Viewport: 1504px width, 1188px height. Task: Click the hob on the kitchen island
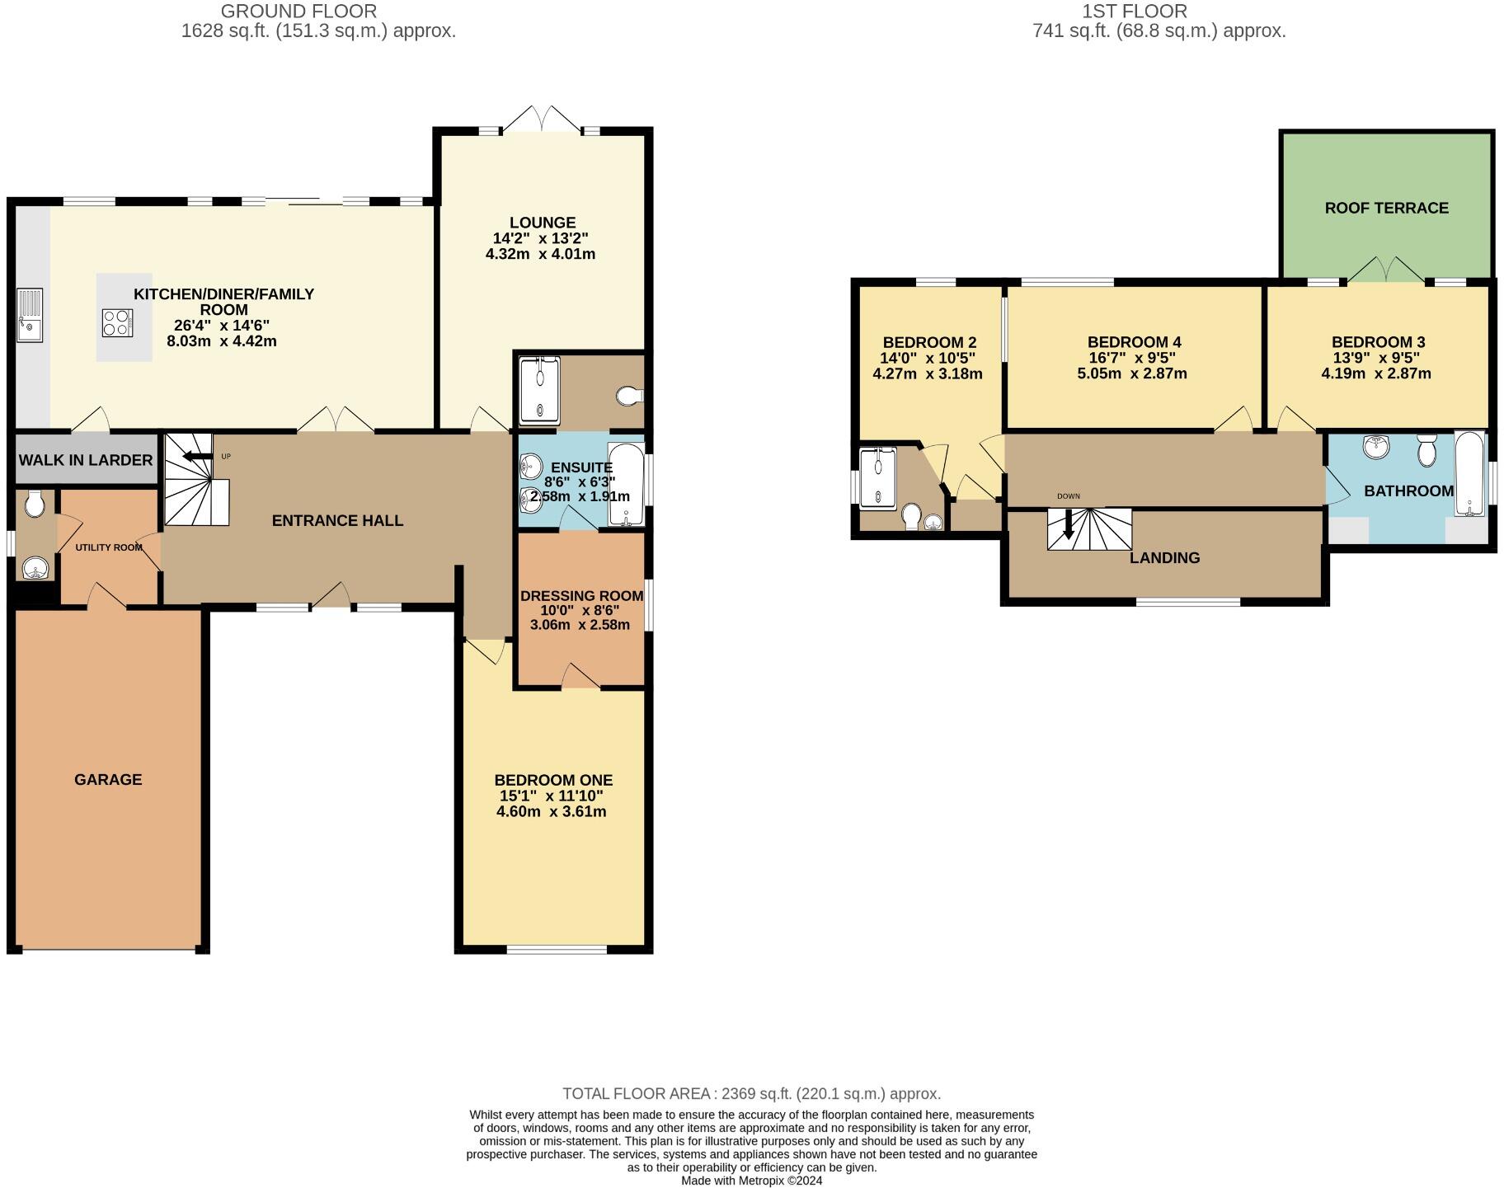pos(117,322)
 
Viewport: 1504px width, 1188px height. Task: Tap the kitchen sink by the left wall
pos(30,315)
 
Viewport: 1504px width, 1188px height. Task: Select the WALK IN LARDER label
pos(86,460)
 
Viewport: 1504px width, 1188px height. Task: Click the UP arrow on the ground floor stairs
pos(197,457)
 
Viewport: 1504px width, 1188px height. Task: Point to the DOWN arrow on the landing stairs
pos(1069,524)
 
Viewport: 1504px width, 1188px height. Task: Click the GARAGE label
pos(108,779)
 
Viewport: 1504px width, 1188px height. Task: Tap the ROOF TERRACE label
pos(1386,208)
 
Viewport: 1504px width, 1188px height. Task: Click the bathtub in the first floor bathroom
pos(1469,473)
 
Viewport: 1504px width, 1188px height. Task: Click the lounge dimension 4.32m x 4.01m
pos(540,254)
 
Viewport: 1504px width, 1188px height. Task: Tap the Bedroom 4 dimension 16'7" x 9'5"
pos(1131,358)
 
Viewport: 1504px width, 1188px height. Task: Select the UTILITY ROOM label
pos(109,547)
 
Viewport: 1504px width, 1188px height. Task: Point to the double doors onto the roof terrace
pos(1386,270)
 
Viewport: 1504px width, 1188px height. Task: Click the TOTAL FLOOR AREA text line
pos(751,1093)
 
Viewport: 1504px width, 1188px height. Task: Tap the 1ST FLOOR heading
pos(1135,12)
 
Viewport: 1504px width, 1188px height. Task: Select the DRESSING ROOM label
pos(581,595)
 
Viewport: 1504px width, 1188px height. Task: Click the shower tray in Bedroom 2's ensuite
pos(877,477)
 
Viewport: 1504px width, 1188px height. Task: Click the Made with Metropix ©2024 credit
pos(751,1181)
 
